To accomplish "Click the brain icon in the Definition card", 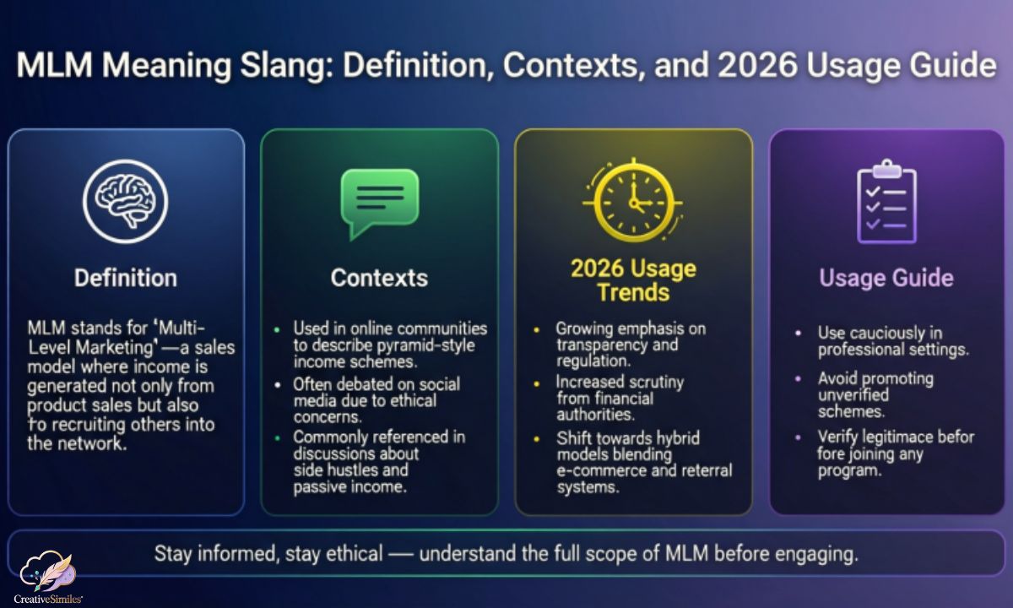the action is click(x=125, y=201).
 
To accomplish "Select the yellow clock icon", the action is click(x=633, y=200).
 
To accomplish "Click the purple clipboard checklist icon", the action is click(x=886, y=202).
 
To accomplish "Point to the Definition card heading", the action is click(x=126, y=278).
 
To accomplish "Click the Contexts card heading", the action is click(x=379, y=278).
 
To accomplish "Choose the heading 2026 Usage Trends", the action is click(x=634, y=280).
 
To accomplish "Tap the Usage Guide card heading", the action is click(x=886, y=278).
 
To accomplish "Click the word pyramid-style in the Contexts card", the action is click(x=425, y=345).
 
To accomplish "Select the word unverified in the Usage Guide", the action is click(x=853, y=395).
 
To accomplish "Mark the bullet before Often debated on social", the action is click(x=278, y=385).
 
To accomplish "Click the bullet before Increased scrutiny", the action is click(x=537, y=384).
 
